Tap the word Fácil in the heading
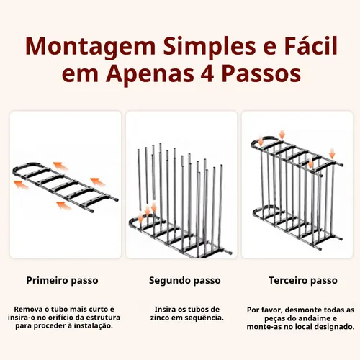pos(311,45)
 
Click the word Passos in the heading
pos(261,73)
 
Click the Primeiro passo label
pos(62,281)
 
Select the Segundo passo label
pos(185,281)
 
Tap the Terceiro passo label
pos(303,280)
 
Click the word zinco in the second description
pos(160,318)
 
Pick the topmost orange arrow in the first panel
pos(60,166)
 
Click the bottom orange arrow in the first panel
pos(63,205)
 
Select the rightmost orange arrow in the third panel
pos(332,153)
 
